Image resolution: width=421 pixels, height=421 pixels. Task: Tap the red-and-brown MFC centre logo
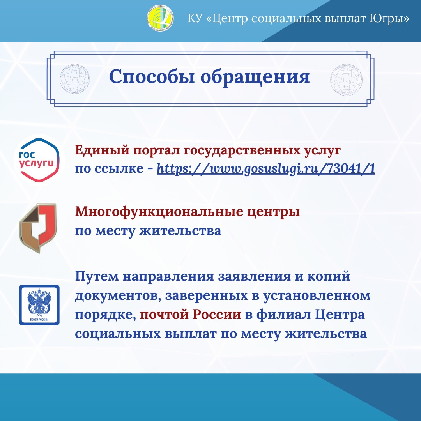coord(38,228)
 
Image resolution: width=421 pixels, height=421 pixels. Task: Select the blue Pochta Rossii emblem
coord(39,305)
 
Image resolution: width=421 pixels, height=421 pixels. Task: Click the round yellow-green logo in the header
coord(160,18)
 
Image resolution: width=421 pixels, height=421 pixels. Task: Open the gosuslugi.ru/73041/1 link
coord(266,169)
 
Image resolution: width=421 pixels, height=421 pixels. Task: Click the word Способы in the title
coord(152,76)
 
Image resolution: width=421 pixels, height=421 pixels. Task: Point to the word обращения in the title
coord(255,77)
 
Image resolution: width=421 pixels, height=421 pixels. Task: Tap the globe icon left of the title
coord(74,79)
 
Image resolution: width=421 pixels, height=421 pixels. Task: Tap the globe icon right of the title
coord(347,80)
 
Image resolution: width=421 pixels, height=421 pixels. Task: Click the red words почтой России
coord(191,315)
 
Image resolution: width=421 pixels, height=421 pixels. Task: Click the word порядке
coord(105,315)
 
